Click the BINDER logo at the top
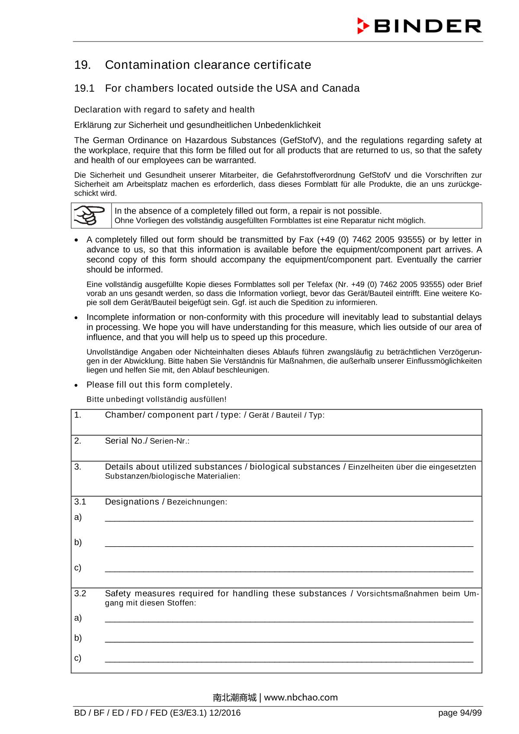pyautogui.click(x=419, y=26)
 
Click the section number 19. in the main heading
pyautogui.click(x=82, y=65)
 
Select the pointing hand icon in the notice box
pyautogui.click(x=90, y=215)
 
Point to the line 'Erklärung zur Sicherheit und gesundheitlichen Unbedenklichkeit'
pyautogui.click(x=197, y=125)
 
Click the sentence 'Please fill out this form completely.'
pyautogui.click(x=159, y=385)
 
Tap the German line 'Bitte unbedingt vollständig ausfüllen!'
pyautogui.click(x=156, y=399)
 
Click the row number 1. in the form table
pyautogui.click(x=77, y=415)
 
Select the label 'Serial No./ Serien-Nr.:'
pyautogui.click(x=147, y=441)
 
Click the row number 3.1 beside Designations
pyautogui.click(x=80, y=502)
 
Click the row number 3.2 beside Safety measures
pyautogui.click(x=80, y=593)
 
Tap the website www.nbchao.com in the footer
pyautogui.click(x=301, y=697)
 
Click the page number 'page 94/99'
pyautogui.click(x=459, y=713)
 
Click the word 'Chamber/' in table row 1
pyautogui.click(x=125, y=415)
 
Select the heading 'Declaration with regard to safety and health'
pyautogui.click(x=164, y=109)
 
